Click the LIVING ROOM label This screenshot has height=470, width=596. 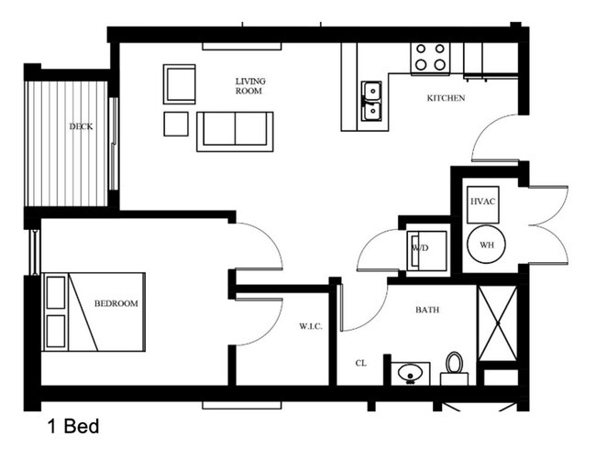pos(248,85)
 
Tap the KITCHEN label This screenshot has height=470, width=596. pos(446,98)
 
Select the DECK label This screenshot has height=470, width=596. pos(81,127)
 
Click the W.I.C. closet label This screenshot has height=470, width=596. pos(309,325)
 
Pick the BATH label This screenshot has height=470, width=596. pos(427,310)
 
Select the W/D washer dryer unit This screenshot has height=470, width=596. pos(425,249)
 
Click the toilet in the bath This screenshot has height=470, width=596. pos(454,366)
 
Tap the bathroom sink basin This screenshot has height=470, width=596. pos(409,373)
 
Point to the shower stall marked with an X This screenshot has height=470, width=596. pos(498,325)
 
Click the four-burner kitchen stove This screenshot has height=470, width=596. pos(431,57)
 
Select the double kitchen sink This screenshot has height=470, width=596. pos(371,101)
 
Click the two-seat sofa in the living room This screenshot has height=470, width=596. pos(236,130)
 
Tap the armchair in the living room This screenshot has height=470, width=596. pos(180,83)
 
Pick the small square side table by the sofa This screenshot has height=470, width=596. pos(176,123)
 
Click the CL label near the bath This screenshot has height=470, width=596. pos(361,363)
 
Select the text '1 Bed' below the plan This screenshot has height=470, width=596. pos(72,427)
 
